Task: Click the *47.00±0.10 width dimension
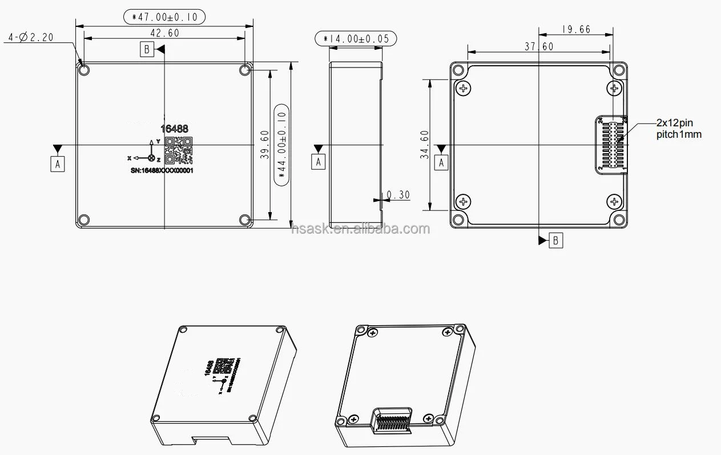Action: [164, 17]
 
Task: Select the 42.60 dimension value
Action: [164, 33]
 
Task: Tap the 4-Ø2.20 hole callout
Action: [31, 38]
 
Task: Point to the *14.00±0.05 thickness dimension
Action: [356, 39]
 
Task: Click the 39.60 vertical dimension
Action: [264, 145]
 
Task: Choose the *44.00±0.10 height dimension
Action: [281, 145]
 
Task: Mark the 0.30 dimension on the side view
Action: [398, 195]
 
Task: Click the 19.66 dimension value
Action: [575, 29]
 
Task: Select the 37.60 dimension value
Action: [539, 47]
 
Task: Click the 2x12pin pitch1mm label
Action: [678, 129]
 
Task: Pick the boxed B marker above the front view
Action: [147, 50]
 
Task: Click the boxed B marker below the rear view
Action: [556, 240]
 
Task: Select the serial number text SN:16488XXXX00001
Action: [162, 170]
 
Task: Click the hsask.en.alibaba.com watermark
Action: [360, 229]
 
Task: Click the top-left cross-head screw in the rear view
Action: [463, 89]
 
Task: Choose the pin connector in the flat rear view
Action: [611, 144]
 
